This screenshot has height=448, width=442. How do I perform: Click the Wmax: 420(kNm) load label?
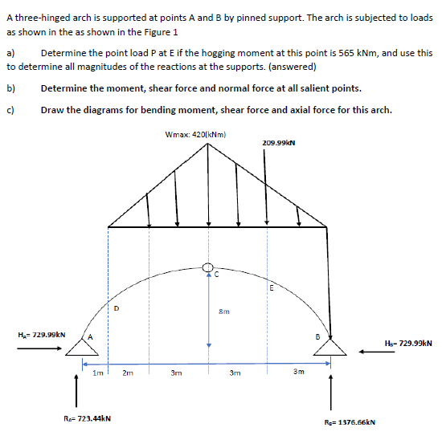(x=194, y=134)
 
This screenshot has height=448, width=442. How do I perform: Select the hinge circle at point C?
(x=208, y=267)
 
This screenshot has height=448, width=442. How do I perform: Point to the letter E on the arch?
(x=272, y=287)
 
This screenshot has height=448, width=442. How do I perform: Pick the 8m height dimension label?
(x=225, y=311)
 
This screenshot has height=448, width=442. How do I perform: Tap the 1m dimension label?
(x=97, y=373)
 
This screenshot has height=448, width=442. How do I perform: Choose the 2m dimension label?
(x=128, y=373)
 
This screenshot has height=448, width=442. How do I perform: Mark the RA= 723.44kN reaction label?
(x=87, y=417)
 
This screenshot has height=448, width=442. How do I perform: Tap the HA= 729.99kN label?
(x=41, y=334)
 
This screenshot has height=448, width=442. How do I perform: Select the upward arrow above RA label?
(x=77, y=391)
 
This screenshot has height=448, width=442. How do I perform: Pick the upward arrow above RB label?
(x=330, y=393)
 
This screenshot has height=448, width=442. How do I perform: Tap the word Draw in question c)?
(x=51, y=109)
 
